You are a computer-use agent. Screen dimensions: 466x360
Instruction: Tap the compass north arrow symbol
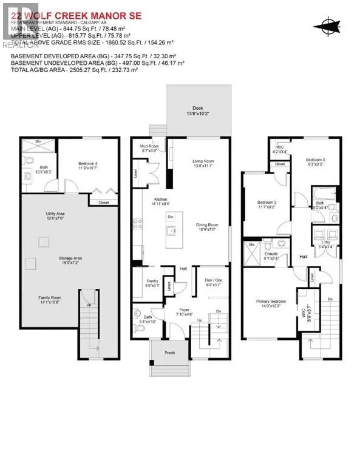(329, 25)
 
